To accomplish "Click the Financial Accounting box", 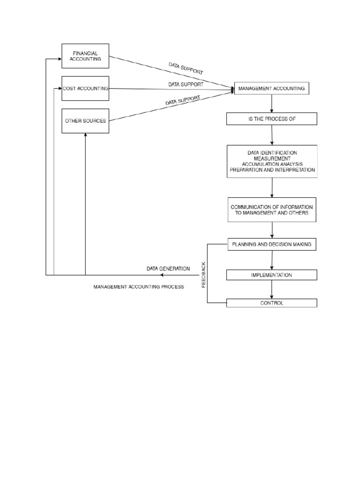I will pos(85,56).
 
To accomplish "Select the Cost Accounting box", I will pos(85,88).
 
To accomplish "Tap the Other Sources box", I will pos(85,120).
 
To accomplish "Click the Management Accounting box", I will pos(271,88).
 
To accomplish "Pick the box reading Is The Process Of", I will pos(271,119).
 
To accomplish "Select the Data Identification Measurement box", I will pos(272,161).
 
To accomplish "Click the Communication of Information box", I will pos(272,210).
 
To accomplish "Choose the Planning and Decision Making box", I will pos(272,244).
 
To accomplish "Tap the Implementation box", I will pos(272,275).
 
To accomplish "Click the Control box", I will pos(272,303).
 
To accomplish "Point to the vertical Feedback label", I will pos(203,275).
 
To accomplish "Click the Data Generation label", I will pos(168,269).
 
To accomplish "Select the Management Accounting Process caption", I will pos(139,286).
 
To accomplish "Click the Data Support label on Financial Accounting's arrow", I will pos(186,68).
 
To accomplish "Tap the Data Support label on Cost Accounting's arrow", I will pos(186,84).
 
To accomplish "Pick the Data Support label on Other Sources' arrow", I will pos(183,100).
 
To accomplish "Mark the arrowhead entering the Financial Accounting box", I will pos(60,59).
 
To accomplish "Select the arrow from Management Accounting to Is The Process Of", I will pos(272,104).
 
